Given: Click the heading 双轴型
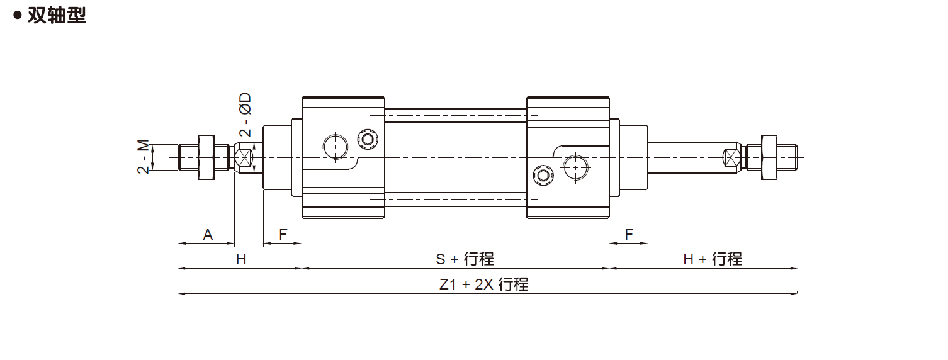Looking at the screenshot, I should click(56, 16).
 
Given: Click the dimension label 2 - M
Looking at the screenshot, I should click(144, 157).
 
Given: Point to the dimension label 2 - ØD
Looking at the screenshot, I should click(245, 115).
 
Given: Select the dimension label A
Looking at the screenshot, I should click(208, 235).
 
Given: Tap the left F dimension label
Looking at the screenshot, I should click(283, 235).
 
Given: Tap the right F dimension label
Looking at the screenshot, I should click(629, 235).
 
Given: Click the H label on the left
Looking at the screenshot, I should click(241, 259).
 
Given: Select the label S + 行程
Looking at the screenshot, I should click(465, 259).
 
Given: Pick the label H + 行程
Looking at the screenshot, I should click(713, 259).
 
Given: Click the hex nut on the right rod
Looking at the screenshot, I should click(769, 157).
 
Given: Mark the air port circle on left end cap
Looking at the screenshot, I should click(334, 146).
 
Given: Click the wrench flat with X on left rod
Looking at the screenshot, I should click(244, 157).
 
